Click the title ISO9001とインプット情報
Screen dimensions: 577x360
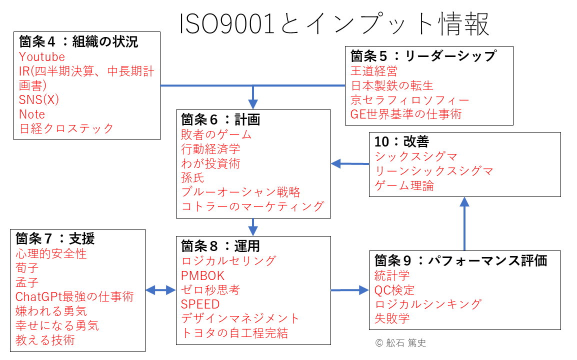[334, 24]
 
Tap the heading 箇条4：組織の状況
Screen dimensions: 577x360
[78, 41]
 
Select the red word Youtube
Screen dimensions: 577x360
[42, 56]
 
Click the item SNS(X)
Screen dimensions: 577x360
[39, 99]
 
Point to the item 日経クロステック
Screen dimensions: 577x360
[66, 128]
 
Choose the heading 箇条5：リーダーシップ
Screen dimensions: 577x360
[423, 56]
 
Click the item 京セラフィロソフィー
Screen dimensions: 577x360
[410, 100]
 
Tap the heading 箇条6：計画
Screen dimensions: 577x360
[220, 119]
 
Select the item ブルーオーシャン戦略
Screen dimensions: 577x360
[240, 192]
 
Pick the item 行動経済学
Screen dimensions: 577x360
[210, 149]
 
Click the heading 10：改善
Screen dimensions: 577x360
[401, 141]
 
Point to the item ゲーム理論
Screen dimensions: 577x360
[404, 185]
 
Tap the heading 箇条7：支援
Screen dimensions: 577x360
[55, 238]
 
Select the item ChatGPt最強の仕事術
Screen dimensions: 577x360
[74, 296]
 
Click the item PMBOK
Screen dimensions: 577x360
[202, 275]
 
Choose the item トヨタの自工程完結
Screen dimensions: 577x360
[234, 333]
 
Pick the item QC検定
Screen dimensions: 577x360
[394, 290]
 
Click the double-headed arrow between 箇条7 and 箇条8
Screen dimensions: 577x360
[161, 290]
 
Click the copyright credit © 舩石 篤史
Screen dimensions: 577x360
[400, 342]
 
